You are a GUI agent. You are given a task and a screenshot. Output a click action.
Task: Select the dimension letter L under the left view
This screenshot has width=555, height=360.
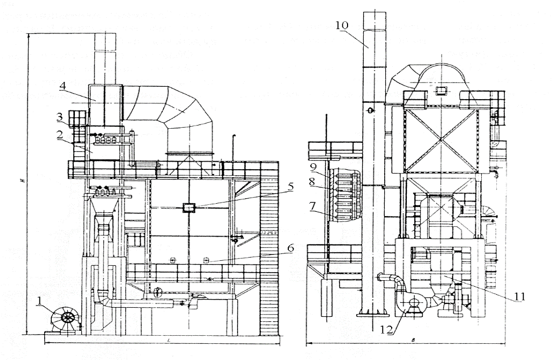point(169,341)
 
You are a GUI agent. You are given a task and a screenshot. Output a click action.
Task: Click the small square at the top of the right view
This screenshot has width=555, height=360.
point(441,89)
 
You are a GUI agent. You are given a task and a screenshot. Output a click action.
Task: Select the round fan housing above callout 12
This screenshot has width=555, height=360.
point(413,302)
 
